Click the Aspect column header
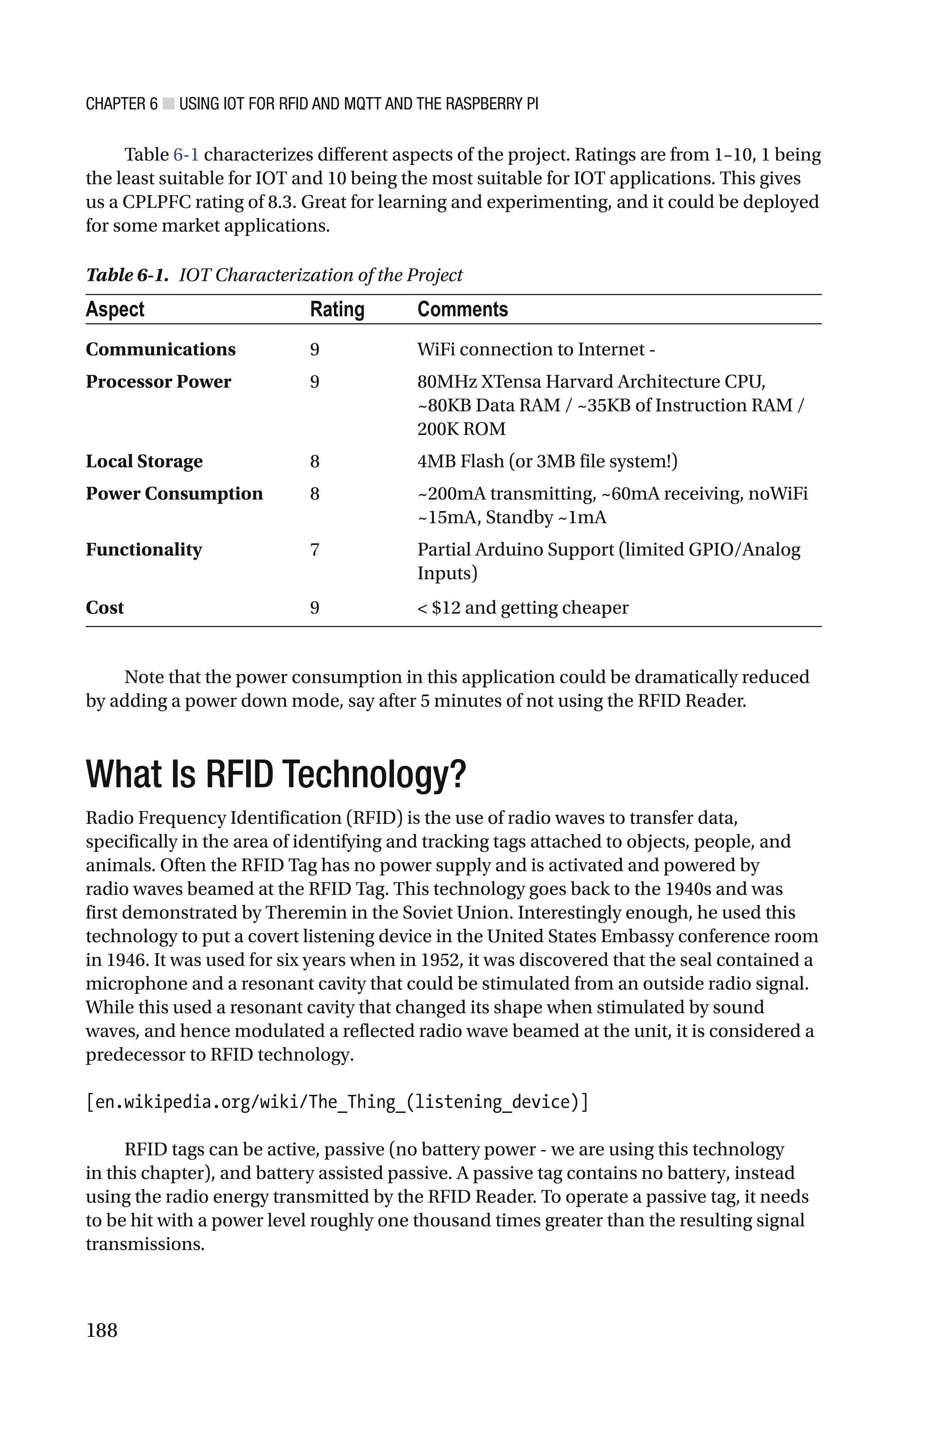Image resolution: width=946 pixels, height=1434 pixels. pos(115,309)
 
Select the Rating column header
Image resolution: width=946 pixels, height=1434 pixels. pos(337,309)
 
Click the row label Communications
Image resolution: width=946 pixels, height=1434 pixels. pos(160,349)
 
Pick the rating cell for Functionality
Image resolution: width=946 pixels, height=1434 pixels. pos(314,550)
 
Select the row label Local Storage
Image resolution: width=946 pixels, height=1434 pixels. pos(144,461)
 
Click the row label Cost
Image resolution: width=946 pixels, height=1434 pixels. pos(104,607)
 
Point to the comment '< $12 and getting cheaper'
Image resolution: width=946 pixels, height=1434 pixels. pos(522,607)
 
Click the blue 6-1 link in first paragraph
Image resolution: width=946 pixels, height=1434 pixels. pos(186,155)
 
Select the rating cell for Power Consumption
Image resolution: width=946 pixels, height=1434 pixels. pos(314,494)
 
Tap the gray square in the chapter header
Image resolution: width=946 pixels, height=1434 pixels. pos(168,104)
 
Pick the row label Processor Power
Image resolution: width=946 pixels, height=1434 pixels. pos(158,382)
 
